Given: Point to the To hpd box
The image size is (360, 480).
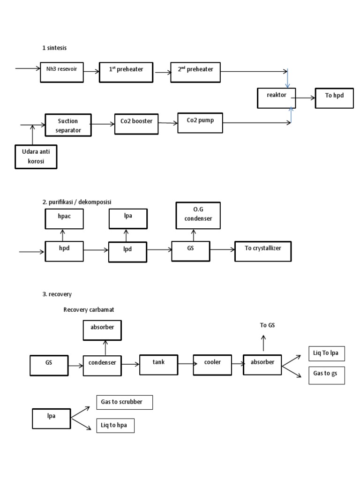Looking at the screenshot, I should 334,97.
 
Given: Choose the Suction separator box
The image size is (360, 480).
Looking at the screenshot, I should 68,125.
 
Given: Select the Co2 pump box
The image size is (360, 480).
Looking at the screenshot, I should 199,122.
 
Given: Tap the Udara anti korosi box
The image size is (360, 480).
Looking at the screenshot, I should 36,157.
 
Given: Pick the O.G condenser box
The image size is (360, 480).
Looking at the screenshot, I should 198,216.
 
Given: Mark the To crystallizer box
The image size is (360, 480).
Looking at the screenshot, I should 263,250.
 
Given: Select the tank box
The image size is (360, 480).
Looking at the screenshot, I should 158,364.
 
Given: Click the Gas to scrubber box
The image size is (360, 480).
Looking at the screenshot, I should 124,402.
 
